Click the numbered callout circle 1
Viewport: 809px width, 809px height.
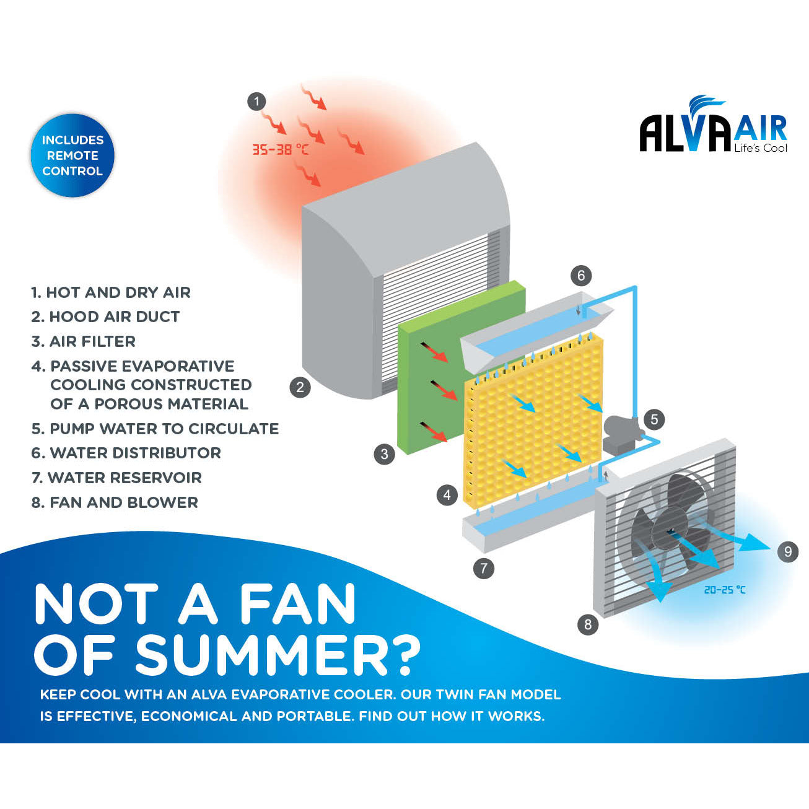[256, 102]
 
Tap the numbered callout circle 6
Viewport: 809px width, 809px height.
[580, 276]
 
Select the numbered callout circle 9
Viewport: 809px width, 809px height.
[787, 551]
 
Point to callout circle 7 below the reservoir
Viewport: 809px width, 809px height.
[483, 568]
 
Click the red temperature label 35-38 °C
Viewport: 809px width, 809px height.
[280, 149]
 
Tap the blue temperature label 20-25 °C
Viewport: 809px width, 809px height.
[725, 590]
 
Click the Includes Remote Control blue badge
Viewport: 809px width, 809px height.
[72, 155]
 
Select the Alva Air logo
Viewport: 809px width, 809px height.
[712, 127]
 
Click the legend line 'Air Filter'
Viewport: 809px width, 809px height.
[84, 341]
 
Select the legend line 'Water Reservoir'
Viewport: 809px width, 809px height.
[116, 478]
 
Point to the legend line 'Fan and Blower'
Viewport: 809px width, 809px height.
[115, 502]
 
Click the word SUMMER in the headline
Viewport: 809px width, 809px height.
[260, 655]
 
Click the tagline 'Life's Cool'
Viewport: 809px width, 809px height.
[760, 148]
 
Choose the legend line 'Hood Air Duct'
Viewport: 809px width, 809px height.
[106, 317]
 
